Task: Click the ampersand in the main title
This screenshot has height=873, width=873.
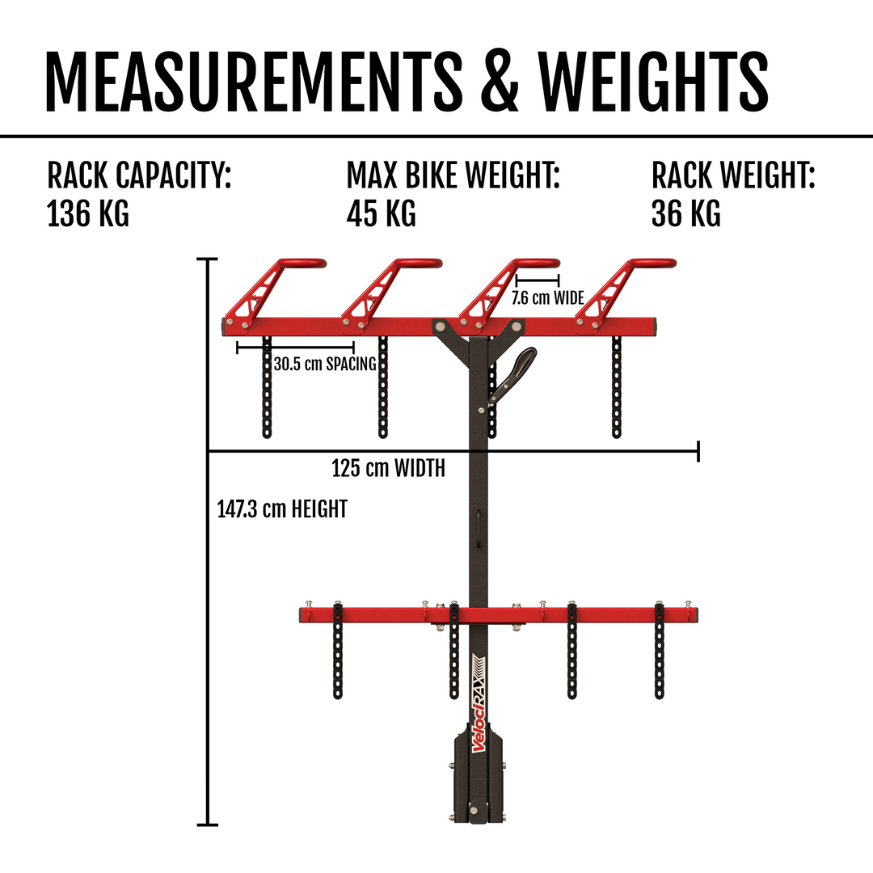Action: pos(500,82)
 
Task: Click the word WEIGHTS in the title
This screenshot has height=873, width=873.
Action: pos(653,82)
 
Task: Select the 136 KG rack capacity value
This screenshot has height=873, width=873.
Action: pos(87,213)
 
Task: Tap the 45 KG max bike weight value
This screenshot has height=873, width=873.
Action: pos(381,213)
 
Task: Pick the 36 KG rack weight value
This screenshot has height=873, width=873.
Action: pos(686,213)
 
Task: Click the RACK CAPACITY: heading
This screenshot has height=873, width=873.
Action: pos(139,175)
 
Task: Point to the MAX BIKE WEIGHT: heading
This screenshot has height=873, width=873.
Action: pos(453,175)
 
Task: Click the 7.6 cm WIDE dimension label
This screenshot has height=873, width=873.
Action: pos(548,297)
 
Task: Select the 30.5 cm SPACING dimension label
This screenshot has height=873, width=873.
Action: pos(325,364)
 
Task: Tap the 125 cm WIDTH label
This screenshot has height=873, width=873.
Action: pos(388,468)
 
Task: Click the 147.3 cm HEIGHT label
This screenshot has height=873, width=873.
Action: pos(282,509)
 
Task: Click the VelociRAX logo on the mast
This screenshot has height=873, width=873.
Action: pos(479,704)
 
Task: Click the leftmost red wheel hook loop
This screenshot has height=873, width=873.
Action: pos(302,264)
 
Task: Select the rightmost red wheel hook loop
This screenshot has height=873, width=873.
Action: pos(652,264)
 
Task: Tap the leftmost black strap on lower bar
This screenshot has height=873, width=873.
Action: pos(337,650)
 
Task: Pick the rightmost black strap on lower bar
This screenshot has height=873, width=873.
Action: pos(660,650)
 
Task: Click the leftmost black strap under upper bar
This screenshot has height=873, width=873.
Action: pos(267,386)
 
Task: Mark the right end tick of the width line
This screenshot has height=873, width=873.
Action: pos(698,450)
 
